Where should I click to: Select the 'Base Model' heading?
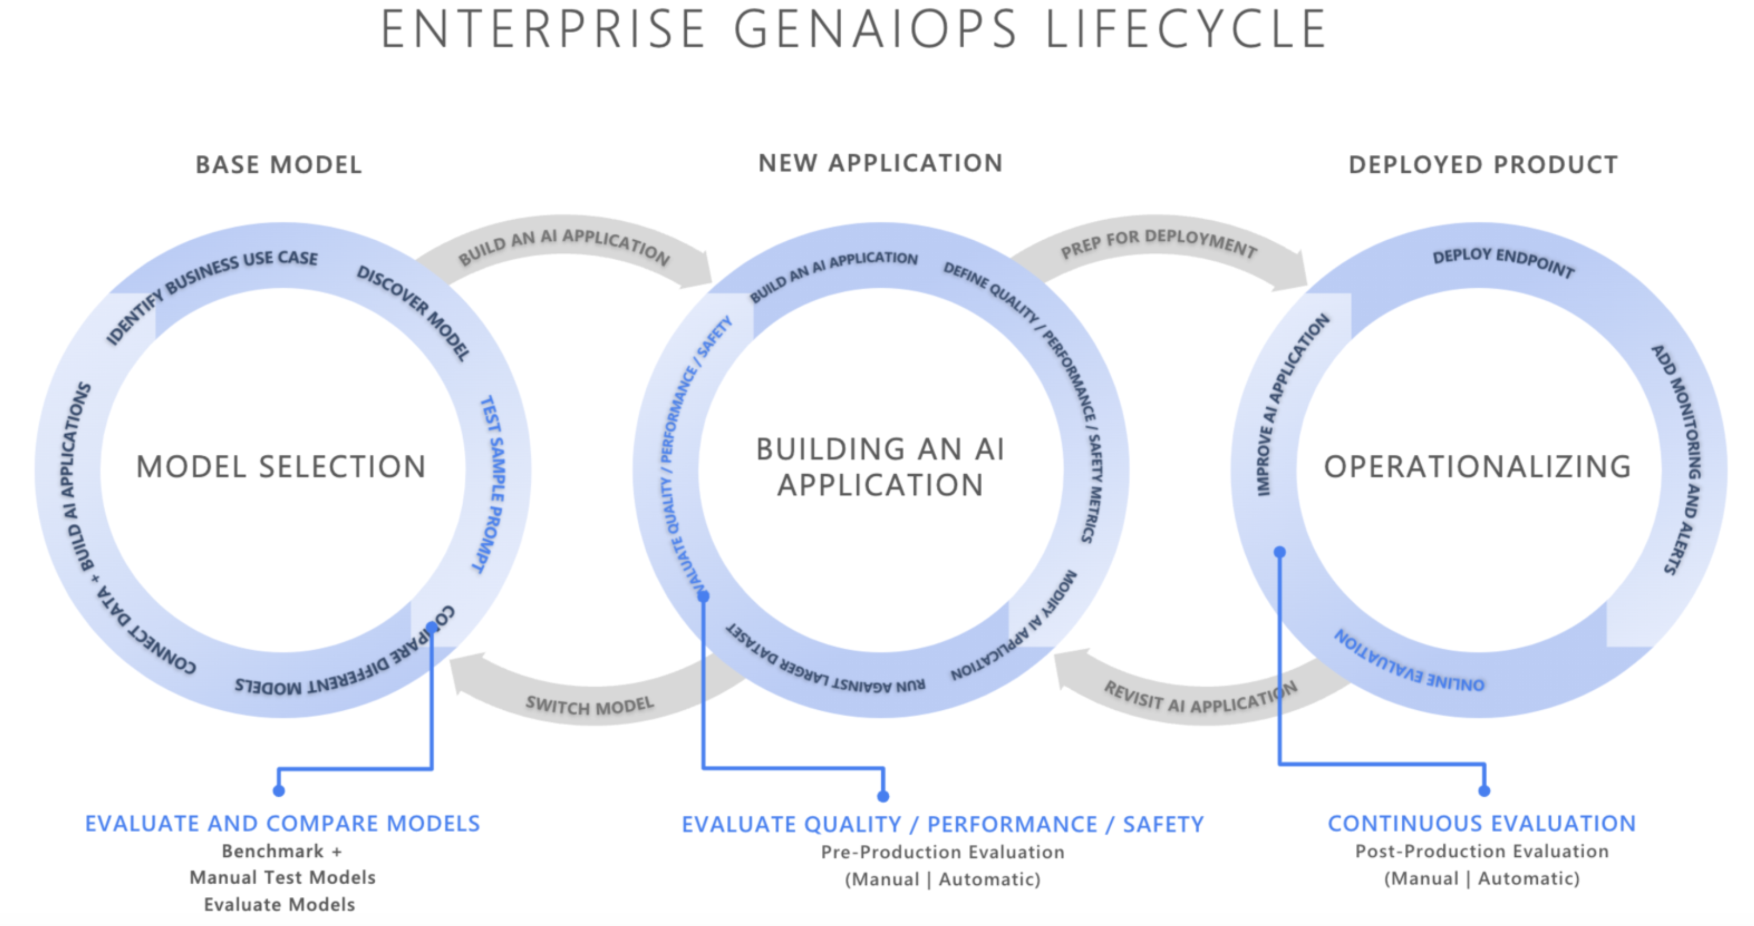(x=279, y=165)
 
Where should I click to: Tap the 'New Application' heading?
(x=880, y=164)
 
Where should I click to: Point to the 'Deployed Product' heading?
(x=1483, y=165)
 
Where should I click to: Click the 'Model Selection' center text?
(x=281, y=467)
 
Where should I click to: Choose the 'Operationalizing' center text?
(x=1478, y=467)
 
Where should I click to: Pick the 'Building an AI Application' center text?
(x=880, y=467)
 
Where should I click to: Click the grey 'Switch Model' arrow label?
(x=590, y=705)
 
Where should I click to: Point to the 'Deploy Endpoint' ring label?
(x=1504, y=262)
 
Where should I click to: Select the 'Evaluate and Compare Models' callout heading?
(x=283, y=824)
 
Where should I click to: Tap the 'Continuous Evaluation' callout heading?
(x=1482, y=824)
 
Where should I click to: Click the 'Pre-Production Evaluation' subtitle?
(x=942, y=852)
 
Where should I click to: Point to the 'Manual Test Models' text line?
(x=283, y=877)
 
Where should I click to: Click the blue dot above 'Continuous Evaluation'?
(x=1485, y=790)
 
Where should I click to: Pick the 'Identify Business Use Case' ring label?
(x=211, y=293)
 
